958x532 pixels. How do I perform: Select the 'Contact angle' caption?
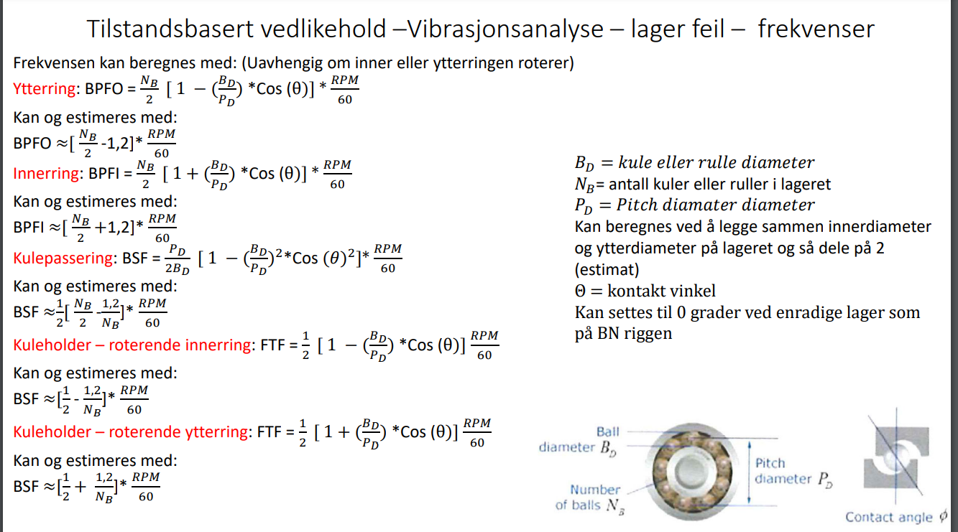[x=891, y=517]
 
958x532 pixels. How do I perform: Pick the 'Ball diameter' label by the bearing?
[x=579, y=439]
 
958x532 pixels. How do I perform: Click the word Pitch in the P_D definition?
[x=638, y=205]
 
